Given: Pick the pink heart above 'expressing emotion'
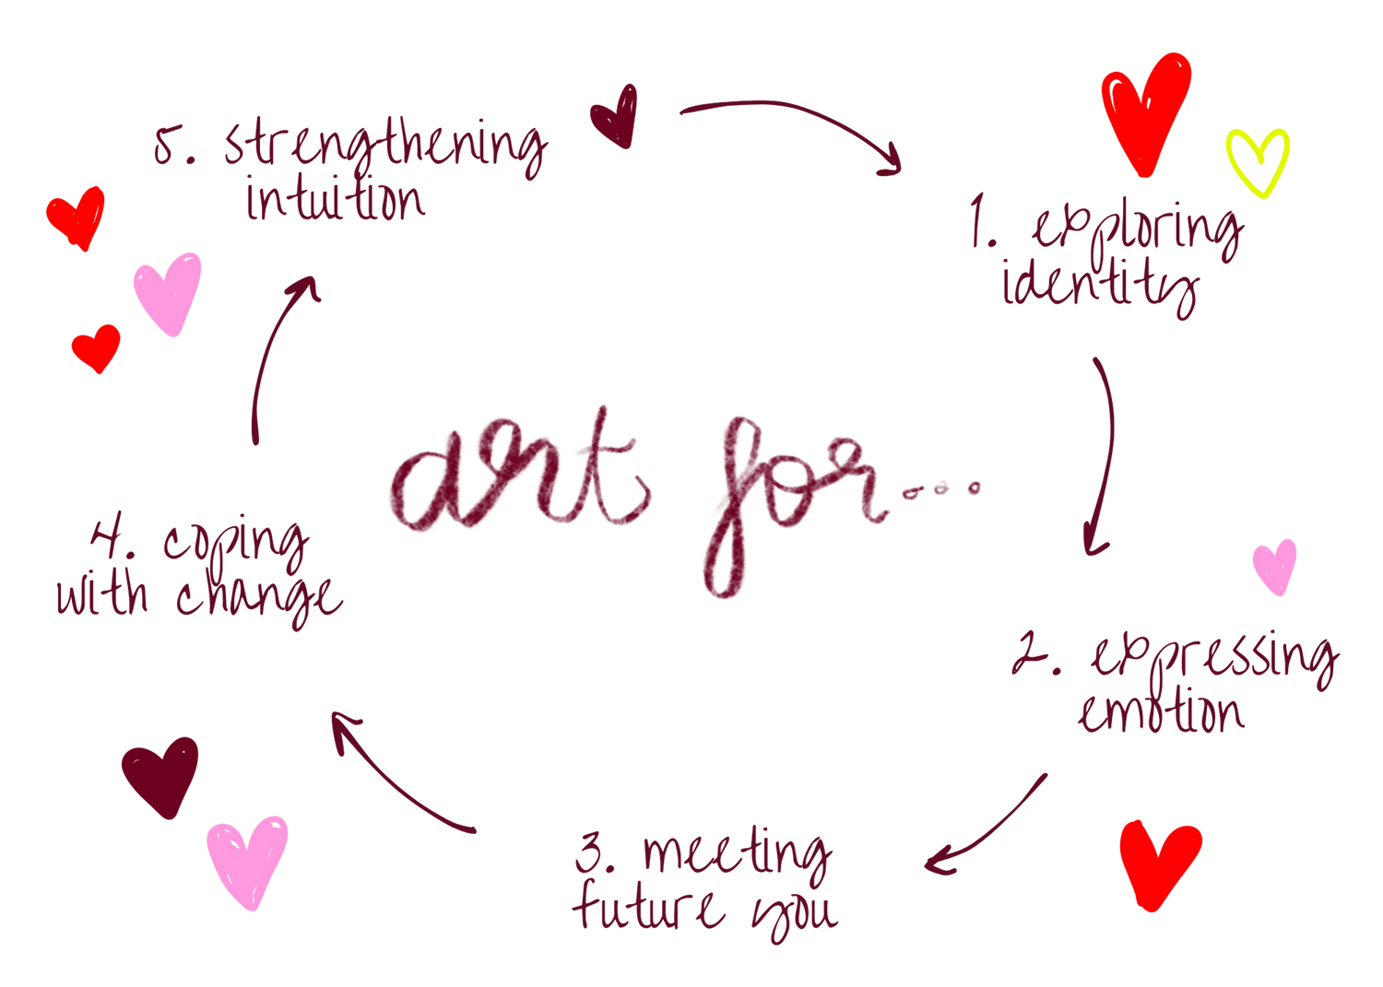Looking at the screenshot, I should point(1275,564).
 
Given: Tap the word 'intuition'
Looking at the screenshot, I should point(337,200).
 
